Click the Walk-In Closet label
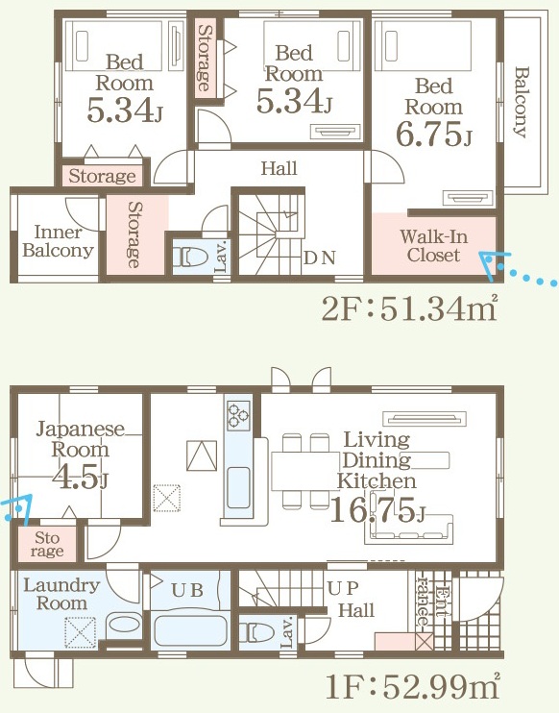tap(433, 246)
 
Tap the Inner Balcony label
tap(59, 241)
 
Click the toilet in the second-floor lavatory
tap(194, 258)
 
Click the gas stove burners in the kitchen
tap(238, 415)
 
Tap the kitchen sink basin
tap(238, 487)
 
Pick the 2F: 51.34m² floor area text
tap(409, 309)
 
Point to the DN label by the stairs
tap(320, 258)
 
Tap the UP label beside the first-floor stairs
tap(343, 588)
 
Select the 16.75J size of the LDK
tap(377, 510)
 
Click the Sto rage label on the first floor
tap(47, 544)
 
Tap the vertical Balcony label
tap(523, 102)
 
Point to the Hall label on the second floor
tap(279, 168)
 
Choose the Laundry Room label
tap(61, 594)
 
